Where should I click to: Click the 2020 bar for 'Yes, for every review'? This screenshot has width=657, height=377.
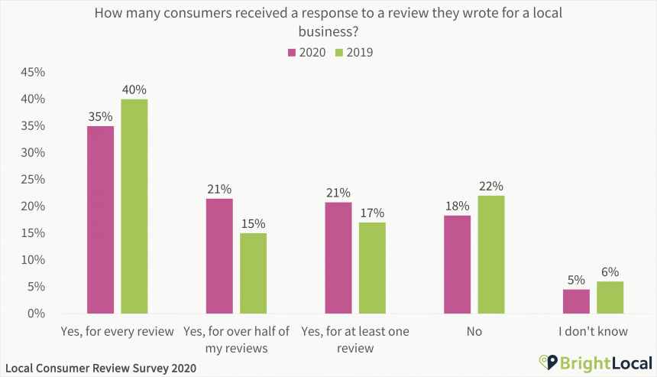[100, 219]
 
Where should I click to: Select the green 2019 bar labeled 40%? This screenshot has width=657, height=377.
[134, 206]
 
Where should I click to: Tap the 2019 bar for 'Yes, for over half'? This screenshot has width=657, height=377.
[253, 273]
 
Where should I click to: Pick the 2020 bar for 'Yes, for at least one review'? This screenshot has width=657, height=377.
[338, 258]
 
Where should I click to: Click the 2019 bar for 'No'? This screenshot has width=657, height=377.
[491, 255]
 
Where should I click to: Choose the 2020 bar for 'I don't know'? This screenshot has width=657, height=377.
[576, 301]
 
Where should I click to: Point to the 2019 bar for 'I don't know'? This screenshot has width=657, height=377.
[610, 297]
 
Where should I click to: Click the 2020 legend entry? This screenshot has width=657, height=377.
[306, 53]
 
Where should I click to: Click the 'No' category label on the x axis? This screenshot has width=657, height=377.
[474, 332]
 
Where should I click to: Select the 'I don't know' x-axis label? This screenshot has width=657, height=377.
[593, 332]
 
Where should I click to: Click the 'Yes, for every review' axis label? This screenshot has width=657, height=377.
[117, 332]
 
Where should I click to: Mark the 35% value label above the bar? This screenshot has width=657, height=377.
[100, 117]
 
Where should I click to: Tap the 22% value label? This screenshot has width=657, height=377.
[491, 187]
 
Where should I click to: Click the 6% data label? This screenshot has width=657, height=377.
[610, 272]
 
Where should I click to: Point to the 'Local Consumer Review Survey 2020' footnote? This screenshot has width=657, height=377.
[100, 368]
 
